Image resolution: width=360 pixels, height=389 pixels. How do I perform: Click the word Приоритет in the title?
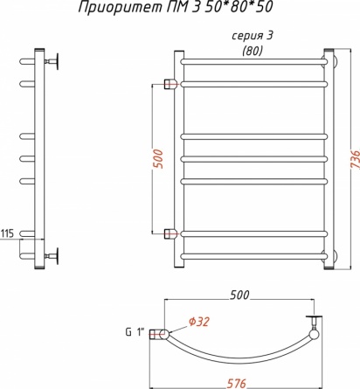point(119,7)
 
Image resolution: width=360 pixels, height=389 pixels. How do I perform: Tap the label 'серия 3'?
point(253,36)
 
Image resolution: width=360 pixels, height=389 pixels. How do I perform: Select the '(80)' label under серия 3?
point(253,51)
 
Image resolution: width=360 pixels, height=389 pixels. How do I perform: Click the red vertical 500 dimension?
point(158,159)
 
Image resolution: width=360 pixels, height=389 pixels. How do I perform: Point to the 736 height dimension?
point(356,160)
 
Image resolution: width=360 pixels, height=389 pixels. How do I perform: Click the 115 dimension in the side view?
point(7,233)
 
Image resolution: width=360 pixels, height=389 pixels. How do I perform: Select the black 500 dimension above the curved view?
point(239,295)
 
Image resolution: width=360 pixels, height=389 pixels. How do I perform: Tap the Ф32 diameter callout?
point(199,322)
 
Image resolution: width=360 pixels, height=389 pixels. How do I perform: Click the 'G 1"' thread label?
point(135,332)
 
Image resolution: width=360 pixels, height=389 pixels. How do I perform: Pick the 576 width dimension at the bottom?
point(237,383)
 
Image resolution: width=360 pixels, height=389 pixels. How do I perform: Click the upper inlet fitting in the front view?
point(170,84)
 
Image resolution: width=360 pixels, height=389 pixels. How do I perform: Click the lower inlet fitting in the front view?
point(170,233)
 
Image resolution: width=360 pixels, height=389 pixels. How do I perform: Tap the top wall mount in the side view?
point(52,61)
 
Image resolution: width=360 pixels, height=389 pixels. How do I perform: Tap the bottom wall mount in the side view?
point(52,256)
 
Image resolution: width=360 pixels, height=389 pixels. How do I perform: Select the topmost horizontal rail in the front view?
point(254,62)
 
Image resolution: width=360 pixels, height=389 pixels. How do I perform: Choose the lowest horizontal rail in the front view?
point(254,256)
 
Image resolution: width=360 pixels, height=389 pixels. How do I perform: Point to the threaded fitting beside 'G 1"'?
point(156,334)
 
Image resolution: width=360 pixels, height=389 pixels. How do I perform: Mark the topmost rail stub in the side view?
point(27,61)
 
